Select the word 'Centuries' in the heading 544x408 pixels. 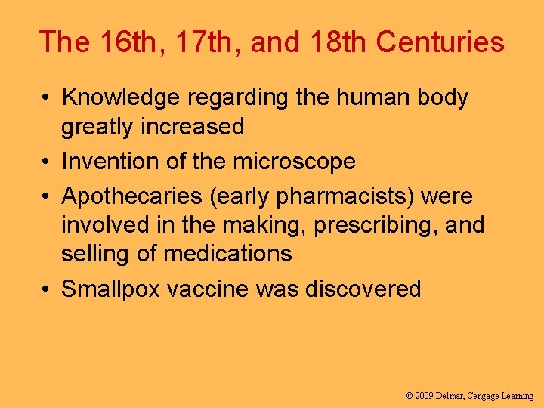(440, 42)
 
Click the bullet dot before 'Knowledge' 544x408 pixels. (47, 98)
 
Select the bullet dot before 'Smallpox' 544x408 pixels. (47, 289)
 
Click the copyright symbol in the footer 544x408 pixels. (410, 395)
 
